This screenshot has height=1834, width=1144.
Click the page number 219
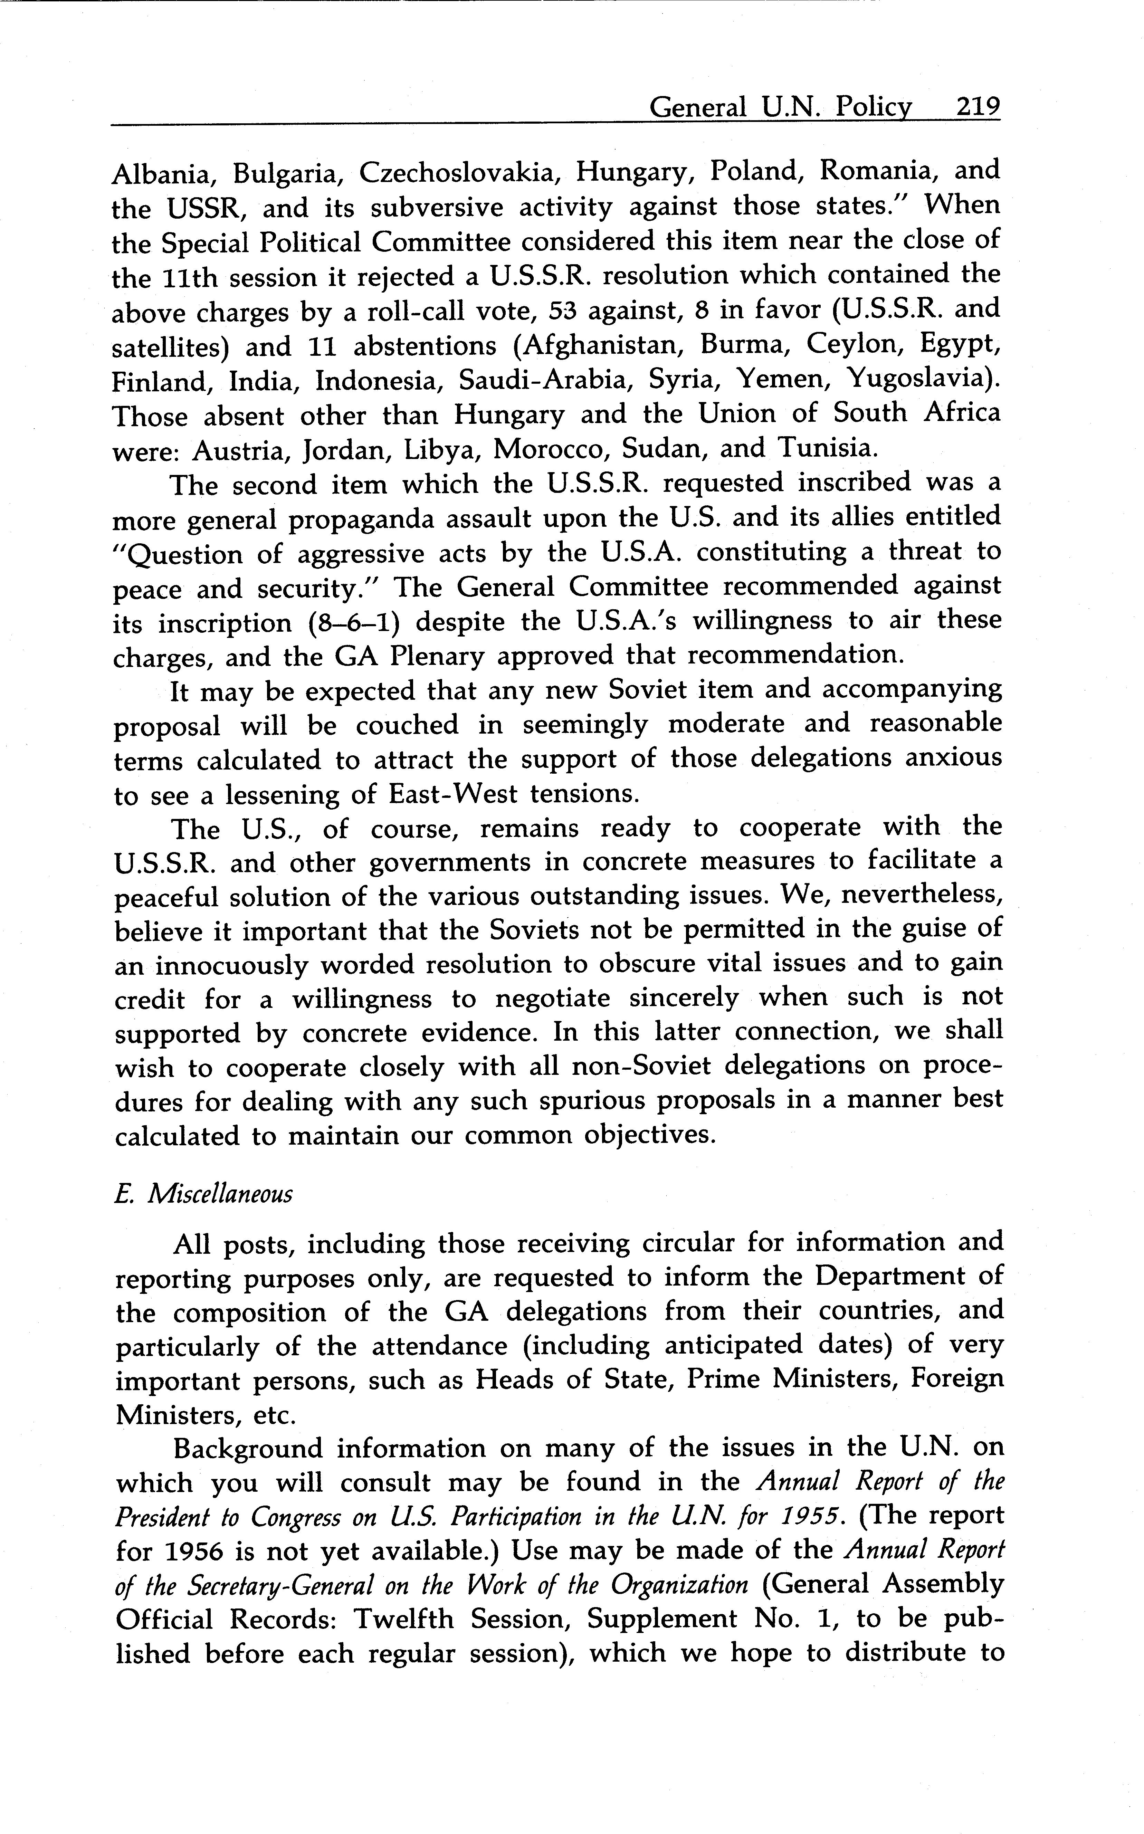(978, 107)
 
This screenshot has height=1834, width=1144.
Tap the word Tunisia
(829, 449)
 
